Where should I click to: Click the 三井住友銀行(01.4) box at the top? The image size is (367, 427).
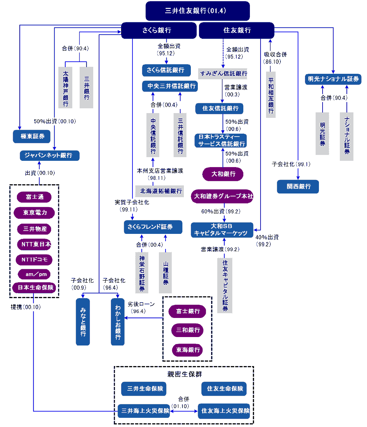(197, 11)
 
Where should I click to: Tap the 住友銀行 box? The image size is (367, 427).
(237, 30)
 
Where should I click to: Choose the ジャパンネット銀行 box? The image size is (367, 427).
(50, 155)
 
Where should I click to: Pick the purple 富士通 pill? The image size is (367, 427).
(34, 197)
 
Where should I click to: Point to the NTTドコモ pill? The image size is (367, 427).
(34, 260)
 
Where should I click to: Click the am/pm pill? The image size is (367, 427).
(34, 274)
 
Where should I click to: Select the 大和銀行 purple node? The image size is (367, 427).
(223, 174)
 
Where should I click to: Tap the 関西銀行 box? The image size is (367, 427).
(298, 187)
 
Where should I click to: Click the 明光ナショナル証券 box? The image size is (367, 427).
(333, 79)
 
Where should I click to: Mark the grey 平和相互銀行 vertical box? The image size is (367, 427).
(271, 95)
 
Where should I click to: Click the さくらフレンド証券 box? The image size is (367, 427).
(153, 227)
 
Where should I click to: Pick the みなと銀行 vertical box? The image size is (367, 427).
(83, 322)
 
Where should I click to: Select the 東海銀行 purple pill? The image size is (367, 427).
(188, 350)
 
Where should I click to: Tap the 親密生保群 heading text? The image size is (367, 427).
(184, 374)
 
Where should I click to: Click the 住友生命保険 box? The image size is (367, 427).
(224, 388)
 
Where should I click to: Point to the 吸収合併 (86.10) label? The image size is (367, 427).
(275, 58)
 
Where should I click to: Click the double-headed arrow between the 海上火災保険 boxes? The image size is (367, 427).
(184, 411)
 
